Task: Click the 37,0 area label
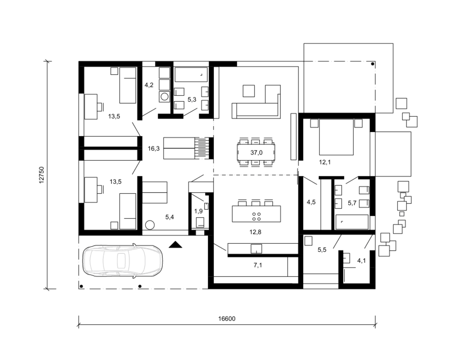point(256,152)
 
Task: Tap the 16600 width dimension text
point(227,319)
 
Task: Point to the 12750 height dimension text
point(41,175)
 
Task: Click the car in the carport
point(122,261)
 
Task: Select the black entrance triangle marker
point(175,245)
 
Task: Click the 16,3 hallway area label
point(153,149)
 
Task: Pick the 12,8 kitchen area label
point(255,232)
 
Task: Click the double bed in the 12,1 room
point(336,137)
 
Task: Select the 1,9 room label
point(198,211)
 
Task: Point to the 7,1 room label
point(258,265)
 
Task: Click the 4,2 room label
point(149,85)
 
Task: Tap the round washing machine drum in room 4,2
point(165,97)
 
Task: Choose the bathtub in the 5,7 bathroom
point(352,222)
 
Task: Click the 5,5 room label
point(322,250)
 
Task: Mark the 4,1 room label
point(361,261)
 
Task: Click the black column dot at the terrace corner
point(373,64)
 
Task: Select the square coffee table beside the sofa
point(249,91)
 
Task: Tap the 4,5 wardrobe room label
point(311,202)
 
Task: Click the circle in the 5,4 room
point(150,225)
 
